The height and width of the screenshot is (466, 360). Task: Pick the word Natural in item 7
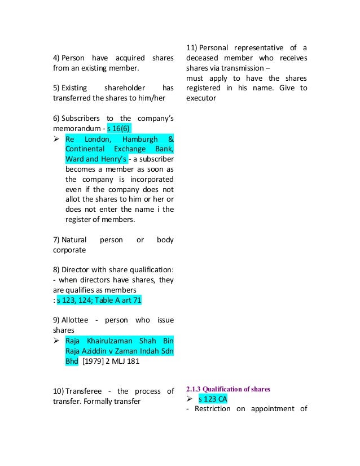(73, 239)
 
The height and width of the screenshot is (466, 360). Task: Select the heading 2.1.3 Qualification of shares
(227, 389)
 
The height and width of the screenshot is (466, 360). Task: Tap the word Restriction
(213, 408)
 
